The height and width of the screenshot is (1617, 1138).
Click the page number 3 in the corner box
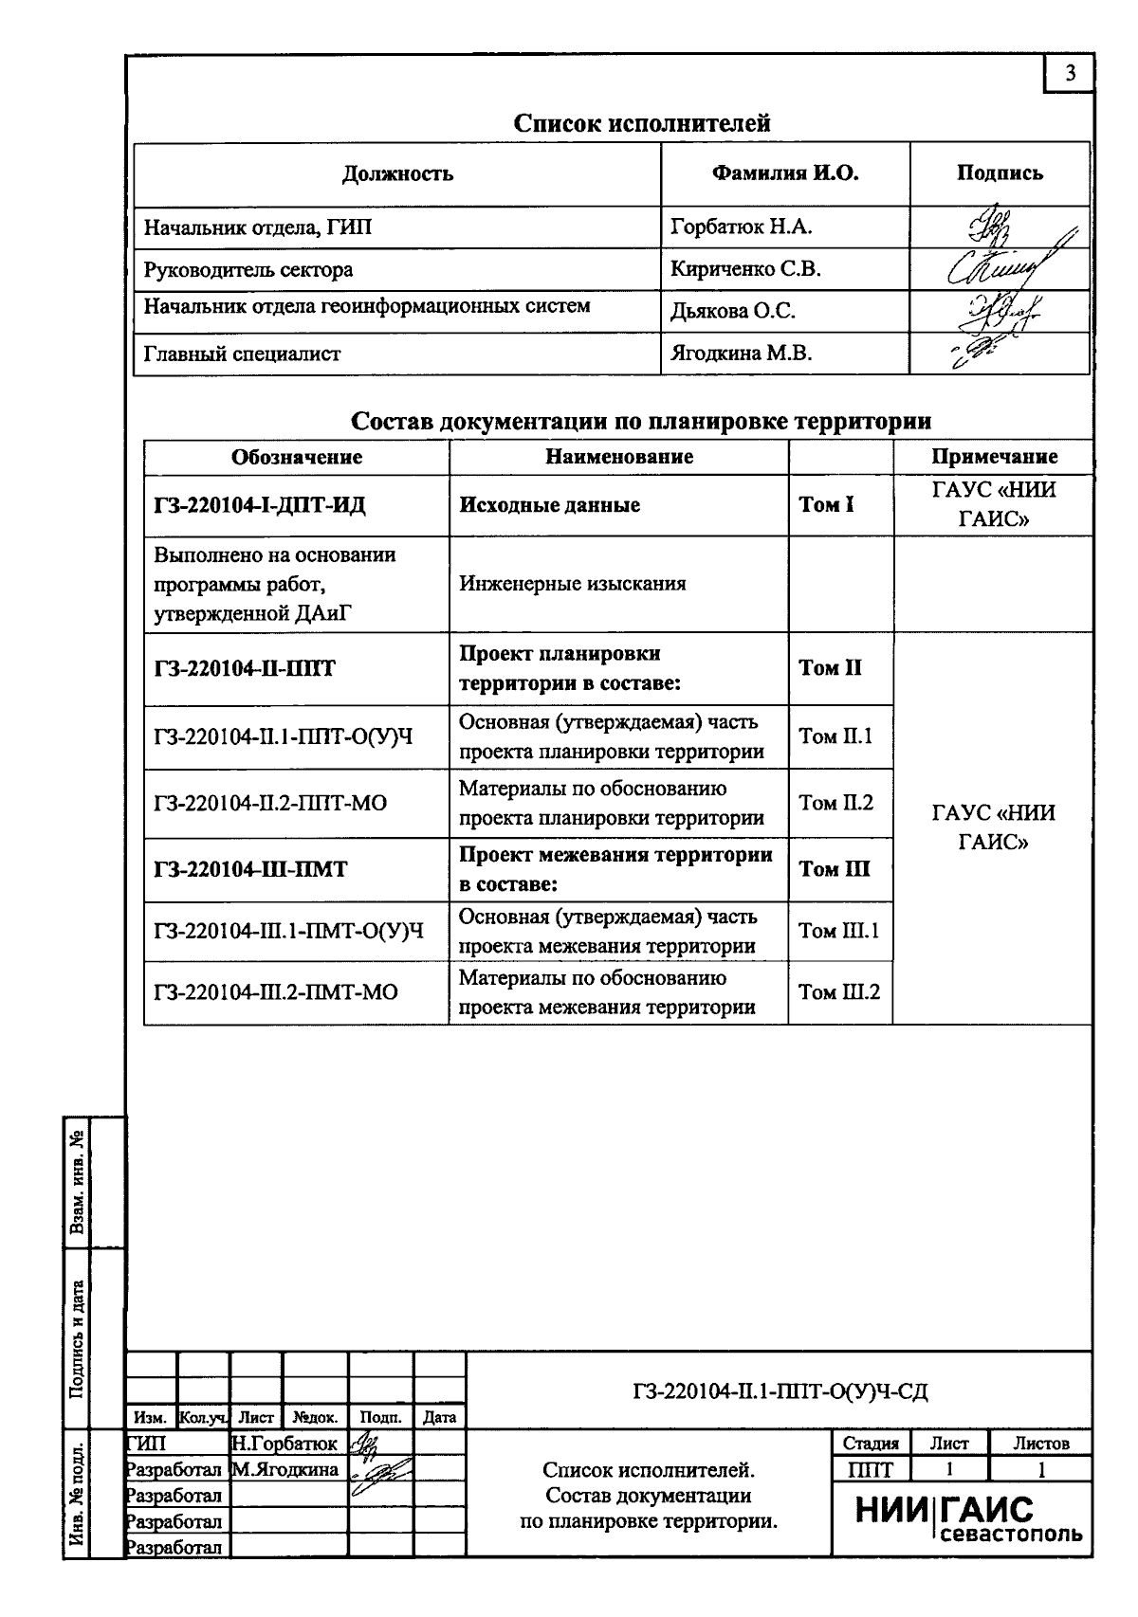pyautogui.click(x=1071, y=74)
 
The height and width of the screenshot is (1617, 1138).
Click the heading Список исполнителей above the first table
pyautogui.click(x=641, y=123)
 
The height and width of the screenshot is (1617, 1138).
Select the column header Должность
pyautogui.click(x=397, y=173)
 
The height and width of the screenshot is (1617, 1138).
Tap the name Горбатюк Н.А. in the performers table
pyautogui.click(x=728, y=227)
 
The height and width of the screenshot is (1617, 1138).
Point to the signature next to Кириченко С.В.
pyautogui.click(x=1000, y=268)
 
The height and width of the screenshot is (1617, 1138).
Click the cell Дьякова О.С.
pyautogui.click(x=733, y=312)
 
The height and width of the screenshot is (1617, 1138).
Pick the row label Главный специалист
pyautogui.click(x=242, y=354)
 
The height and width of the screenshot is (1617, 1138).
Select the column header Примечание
pyautogui.click(x=994, y=457)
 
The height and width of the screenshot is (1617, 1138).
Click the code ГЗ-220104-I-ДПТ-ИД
pyautogui.click(x=260, y=505)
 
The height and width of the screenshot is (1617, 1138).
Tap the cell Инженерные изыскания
pyautogui.click(x=572, y=584)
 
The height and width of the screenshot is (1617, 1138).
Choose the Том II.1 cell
pyautogui.click(x=835, y=736)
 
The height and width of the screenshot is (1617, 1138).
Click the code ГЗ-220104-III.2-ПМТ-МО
pyautogui.click(x=276, y=992)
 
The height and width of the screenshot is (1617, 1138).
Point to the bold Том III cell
pyautogui.click(x=834, y=869)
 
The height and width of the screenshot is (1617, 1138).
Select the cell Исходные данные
pyautogui.click(x=549, y=505)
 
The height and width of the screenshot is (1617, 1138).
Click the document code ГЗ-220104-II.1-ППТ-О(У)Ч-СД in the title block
pyautogui.click(x=780, y=1391)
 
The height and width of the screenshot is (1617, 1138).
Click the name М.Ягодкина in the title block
pyautogui.click(x=284, y=1470)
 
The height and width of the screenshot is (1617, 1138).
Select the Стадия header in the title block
pyautogui.click(x=870, y=1444)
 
